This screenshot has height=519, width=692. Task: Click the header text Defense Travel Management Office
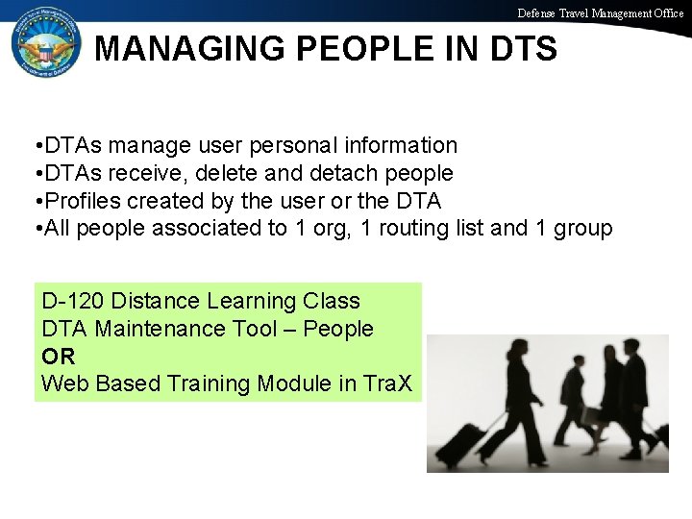pos(601,13)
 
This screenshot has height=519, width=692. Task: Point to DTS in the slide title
pos(519,49)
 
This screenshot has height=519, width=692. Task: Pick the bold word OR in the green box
pos(56,357)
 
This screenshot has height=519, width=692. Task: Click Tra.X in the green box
pos(388,384)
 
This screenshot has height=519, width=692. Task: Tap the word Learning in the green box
pos(243,301)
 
